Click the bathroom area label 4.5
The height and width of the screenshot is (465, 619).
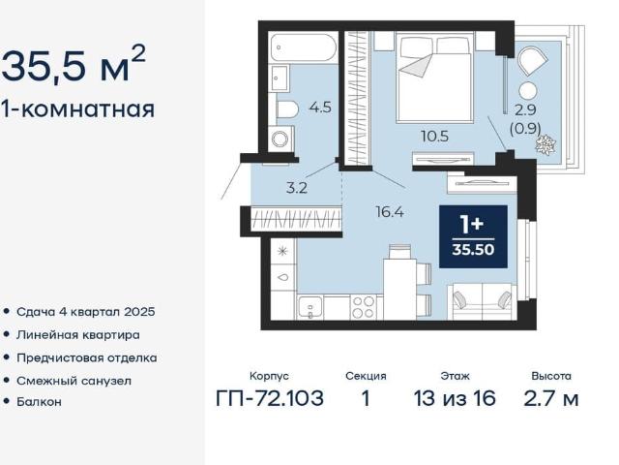pyautogui.click(x=320, y=108)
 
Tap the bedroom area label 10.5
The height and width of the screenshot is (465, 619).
pyautogui.click(x=434, y=137)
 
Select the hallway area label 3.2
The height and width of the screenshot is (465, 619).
pyautogui.click(x=297, y=188)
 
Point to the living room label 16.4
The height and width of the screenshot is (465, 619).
pyautogui.click(x=390, y=212)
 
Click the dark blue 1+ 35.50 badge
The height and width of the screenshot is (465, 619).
pyautogui.click(x=473, y=236)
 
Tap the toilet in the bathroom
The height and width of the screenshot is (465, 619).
pyautogui.click(x=286, y=109)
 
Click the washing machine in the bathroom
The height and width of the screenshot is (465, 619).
pyautogui.click(x=281, y=139)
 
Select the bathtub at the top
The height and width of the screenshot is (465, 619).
pyautogui.click(x=304, y=47)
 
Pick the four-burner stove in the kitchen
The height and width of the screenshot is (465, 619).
pyautogui.click(x=364, y=307)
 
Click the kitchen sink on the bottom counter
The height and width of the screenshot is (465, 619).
pyautogui.click(x=310, y=308)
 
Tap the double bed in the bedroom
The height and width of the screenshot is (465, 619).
pyautogui.click(x=435, y=77)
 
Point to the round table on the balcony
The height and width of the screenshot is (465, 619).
pyautogui.click(x=528, y=91)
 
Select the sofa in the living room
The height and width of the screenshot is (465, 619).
pyautogui.click(x=482, y=301)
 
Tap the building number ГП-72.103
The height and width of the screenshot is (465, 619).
pyautogui.click(x=270, y=398)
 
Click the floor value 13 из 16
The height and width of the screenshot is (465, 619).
pyautogui.click(x=455, y=398)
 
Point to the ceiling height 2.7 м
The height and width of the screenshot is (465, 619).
pyautogui.click(x=551, y=398)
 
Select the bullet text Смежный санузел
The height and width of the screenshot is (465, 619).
pyautogui.click(x=74, y=381)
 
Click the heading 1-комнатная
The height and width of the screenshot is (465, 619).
pyautogui.click(x=77, y=108)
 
